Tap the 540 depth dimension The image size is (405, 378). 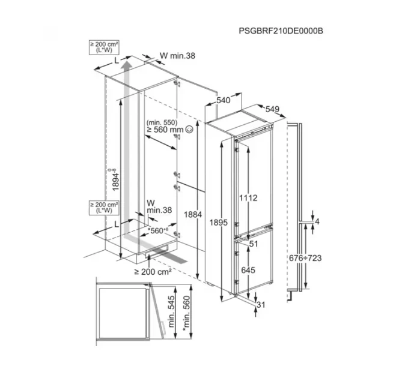(x=224, y=101)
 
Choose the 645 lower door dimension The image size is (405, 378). (x=248, y=271)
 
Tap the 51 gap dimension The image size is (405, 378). (x=252, y=244)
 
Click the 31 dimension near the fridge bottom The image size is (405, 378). (x=260, y=305)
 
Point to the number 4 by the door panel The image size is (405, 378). (x=317, y=223)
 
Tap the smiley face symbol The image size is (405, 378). (x=190, y=128)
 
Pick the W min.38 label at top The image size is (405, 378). (x=177, y=56)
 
